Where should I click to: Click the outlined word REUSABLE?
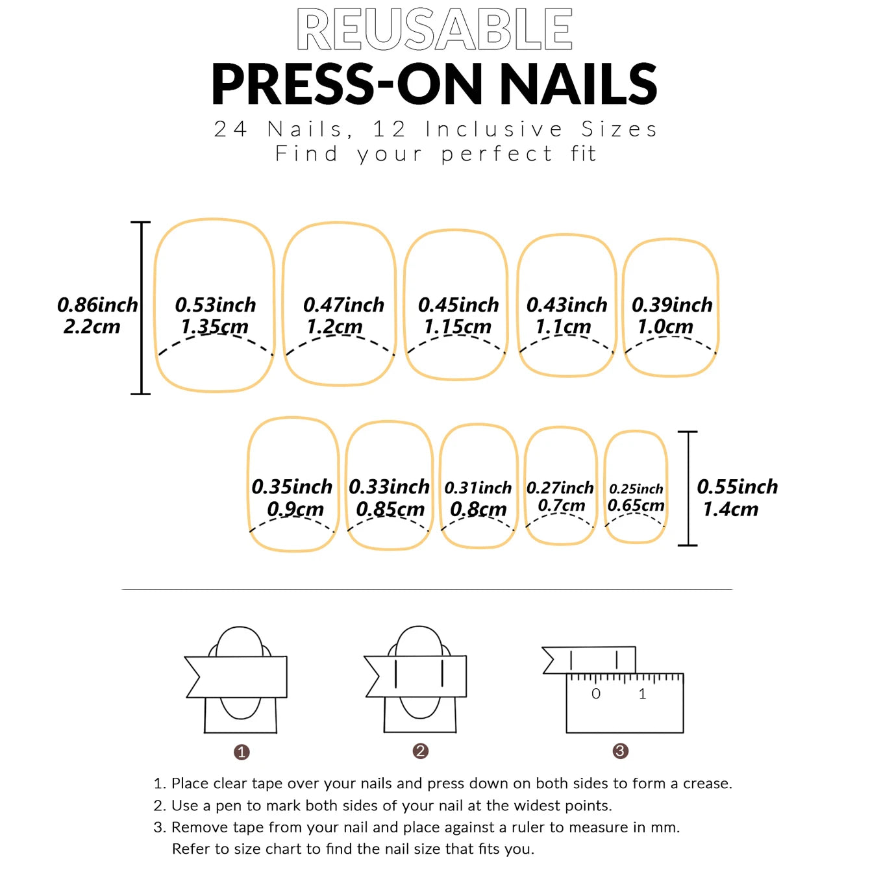[434, 30]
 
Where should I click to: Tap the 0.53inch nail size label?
[216, 305]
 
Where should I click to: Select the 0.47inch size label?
[343, 305]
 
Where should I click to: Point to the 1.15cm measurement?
[458, 327]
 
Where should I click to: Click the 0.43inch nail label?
[566, 305]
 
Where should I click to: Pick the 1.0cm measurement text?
[665, 327]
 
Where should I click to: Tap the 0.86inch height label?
[97, 305]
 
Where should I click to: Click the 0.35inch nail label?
[292, 487]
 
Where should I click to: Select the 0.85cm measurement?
[390, 510]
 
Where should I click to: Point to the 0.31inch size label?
[478, 488]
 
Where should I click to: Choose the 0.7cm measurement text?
[561, 506]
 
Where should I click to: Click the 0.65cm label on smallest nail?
[636, 506]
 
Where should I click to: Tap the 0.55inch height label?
[737, 487]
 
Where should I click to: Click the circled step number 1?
[242, 752]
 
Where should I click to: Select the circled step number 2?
[420, 751]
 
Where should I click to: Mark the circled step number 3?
[620, 751]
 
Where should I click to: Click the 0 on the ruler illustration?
[596, 694]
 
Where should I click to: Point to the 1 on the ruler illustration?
[642, 694]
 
